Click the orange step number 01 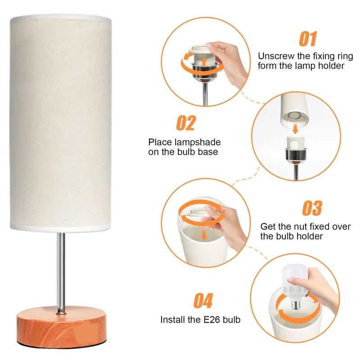pos(308,39)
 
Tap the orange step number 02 pos(186,123)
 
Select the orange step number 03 pos(312,208)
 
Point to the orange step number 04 pos(203,301)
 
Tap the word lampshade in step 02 pos(198,142)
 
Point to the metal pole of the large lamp pos(61,273)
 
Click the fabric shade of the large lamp pos(61,122)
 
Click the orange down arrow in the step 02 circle pos(296,129)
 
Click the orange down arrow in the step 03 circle pos(204,235)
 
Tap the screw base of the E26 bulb pos(296,305)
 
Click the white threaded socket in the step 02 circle pos(296,142)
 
